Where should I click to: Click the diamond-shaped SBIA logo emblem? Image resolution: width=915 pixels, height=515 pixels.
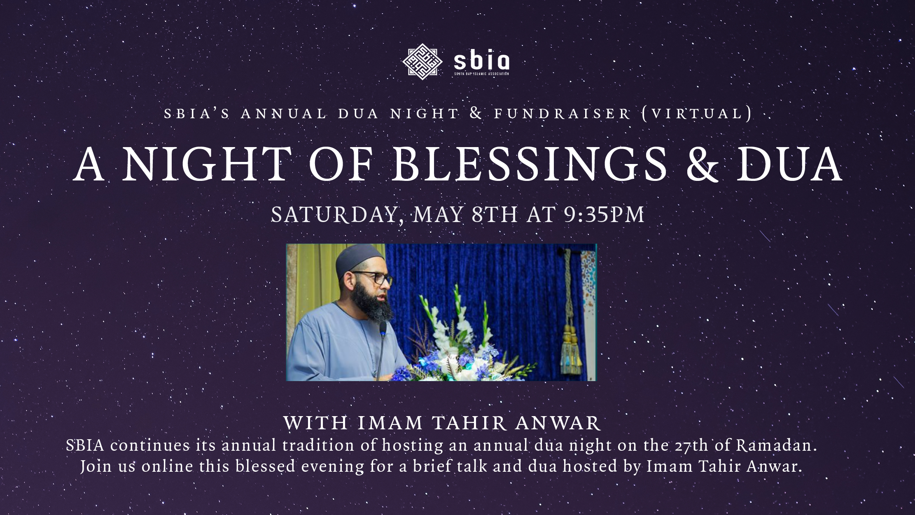pos(422,61)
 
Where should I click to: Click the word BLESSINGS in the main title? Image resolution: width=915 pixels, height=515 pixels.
pos(530,164)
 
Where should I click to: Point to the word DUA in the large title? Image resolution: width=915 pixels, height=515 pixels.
pos(789,164)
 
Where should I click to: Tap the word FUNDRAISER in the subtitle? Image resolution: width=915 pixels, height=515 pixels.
pos(563,113)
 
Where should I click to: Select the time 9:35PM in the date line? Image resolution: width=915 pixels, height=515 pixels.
pos(604,215)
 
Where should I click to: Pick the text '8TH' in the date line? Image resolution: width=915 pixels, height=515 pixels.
pos(495,215)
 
